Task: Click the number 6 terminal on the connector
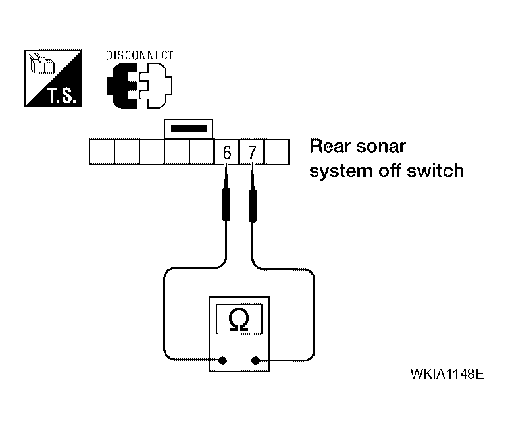click(x=227, y=151)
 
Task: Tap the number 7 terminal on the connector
click(x=252, y=151)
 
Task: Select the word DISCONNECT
click(x=140, y=55)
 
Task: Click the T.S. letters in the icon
click(x=63, y=95)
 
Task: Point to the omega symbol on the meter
click(x=239, y=319)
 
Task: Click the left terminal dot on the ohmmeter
click(x=222, y=360)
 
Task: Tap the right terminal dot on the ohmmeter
click(x=255, y=360)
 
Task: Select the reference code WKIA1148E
click(x=447, y=374)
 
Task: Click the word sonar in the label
click(x=381, y=146)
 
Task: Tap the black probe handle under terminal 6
click(x=226, y=204)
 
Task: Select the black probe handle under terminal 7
click(x=253, y=205)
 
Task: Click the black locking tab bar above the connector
click(x=189, y=128)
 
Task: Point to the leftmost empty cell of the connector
click(x=102, y=151)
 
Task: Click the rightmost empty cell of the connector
click(x=276, y=151)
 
